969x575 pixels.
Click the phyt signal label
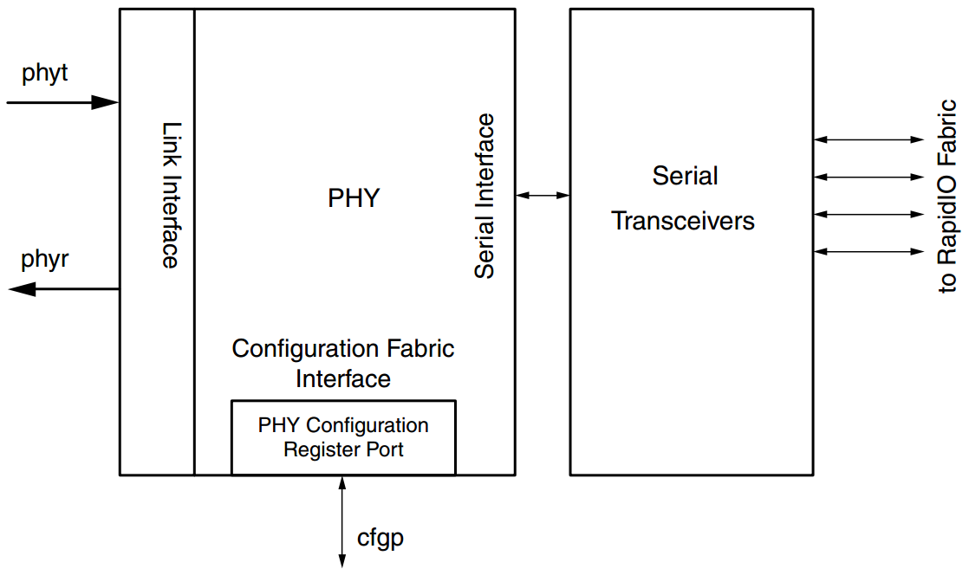45,74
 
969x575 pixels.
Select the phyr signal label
45,259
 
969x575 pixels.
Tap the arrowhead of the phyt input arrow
106,102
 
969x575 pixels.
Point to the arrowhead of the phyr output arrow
21,289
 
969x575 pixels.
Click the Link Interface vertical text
171,195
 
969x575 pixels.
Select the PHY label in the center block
354,198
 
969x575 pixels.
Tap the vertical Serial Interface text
484,196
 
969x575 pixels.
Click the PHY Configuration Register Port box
343,437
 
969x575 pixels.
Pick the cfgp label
380,539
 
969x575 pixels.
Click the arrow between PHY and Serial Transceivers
543,196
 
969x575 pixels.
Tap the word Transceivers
683,221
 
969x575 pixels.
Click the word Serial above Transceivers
685,176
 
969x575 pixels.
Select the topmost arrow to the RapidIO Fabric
869,139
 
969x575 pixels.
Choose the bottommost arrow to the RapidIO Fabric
869,251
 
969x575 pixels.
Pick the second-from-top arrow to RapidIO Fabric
869,177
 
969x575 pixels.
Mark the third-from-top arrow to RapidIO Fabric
869,213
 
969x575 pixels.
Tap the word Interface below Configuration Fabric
343,379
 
